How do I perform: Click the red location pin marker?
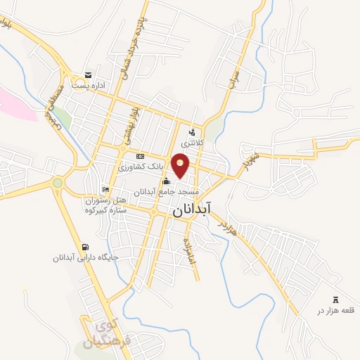click(x=181, y=165)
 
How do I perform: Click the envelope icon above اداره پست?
click(x=88, y=75)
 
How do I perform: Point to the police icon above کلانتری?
click(x=191, y=131)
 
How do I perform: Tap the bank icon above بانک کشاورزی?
click(x=140, y=156)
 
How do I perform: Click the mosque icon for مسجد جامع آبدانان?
click(x=166, y=181)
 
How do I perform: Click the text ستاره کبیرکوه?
click(x=107, y=209)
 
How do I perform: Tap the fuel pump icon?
click(x=86, y=247)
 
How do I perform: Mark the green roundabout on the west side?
click(x=57, y=184)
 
